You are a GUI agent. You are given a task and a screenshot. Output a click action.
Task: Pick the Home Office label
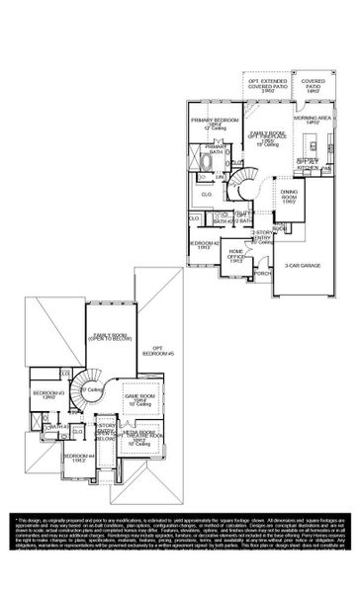pyautogui.click(x=238, y=255)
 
